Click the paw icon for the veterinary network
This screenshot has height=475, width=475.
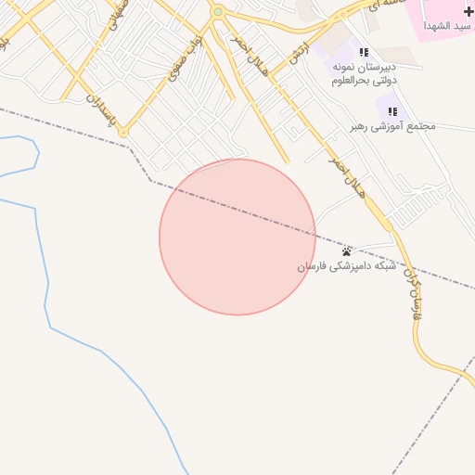pyautogui.click(x=346, y=251)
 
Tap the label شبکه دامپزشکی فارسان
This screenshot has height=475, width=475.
pyautogui.click(x=346, y=266)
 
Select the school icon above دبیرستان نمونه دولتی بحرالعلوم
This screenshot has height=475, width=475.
pyautogui.click(x=364, y=53)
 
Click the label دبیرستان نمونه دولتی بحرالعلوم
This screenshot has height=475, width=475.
pyautogui.click(x=364, y=74)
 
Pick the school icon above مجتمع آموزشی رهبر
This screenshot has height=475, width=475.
pyautogui.click(x=392, y=111)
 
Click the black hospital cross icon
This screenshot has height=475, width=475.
pyautogui.click(x=468, y=10)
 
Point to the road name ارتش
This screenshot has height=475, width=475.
pyautogui.click(x=297, y=52)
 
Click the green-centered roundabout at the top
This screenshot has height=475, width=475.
pyautogui.click(x=218, y=12)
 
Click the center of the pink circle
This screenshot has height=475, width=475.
pyautogui.click(x=237, y=237)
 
